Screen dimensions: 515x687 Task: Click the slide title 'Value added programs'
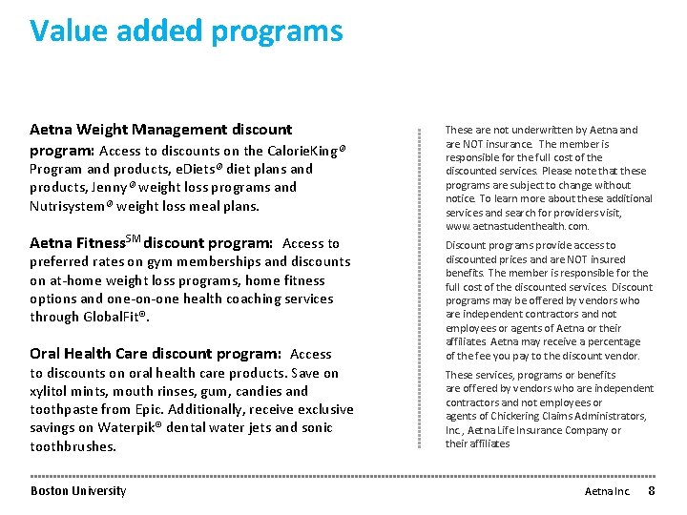(x=186, y=31)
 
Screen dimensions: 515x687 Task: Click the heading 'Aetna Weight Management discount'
(x=161, y=129)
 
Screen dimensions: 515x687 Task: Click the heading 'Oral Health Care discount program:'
(x=155, y=354)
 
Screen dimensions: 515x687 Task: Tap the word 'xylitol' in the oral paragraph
(x=51, y=391)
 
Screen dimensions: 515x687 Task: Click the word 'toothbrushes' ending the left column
(x=73, y=446)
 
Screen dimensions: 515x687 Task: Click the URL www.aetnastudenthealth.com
(x=517, y=227)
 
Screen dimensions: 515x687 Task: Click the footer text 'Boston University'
(x=78, y=491)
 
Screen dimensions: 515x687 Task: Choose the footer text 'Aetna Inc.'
(x=607, y=491)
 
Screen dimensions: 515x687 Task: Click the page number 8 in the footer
(x=652, y=490)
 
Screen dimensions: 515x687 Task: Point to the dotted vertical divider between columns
(x=419, y=286)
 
